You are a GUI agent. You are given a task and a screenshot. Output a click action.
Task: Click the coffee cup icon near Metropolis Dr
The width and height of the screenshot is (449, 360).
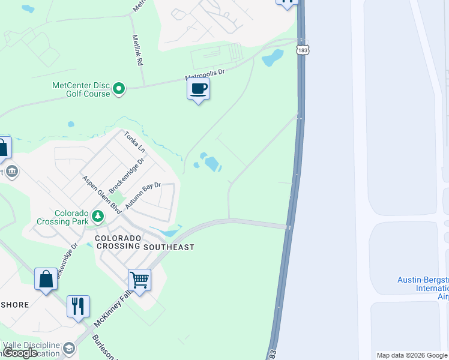198,89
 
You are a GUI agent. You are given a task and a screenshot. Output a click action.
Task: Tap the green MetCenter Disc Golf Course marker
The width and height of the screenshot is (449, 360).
119,89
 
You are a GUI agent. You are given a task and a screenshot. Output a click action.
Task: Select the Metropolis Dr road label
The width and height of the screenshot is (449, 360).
205,75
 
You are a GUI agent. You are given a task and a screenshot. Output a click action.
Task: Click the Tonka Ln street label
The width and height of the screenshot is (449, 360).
134,141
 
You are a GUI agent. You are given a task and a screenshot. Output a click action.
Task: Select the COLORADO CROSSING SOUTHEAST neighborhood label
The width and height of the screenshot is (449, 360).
145,242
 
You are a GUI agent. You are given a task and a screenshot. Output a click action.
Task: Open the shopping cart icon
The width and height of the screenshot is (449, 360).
139,279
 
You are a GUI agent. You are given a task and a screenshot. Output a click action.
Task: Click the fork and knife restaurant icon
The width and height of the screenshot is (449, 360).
78,306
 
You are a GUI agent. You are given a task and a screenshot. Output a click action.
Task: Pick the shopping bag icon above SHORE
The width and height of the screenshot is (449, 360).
46,279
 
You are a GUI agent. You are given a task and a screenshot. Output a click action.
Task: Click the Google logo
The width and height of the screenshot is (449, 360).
20,353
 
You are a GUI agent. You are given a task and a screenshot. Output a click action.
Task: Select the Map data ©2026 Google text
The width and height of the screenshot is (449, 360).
412,355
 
